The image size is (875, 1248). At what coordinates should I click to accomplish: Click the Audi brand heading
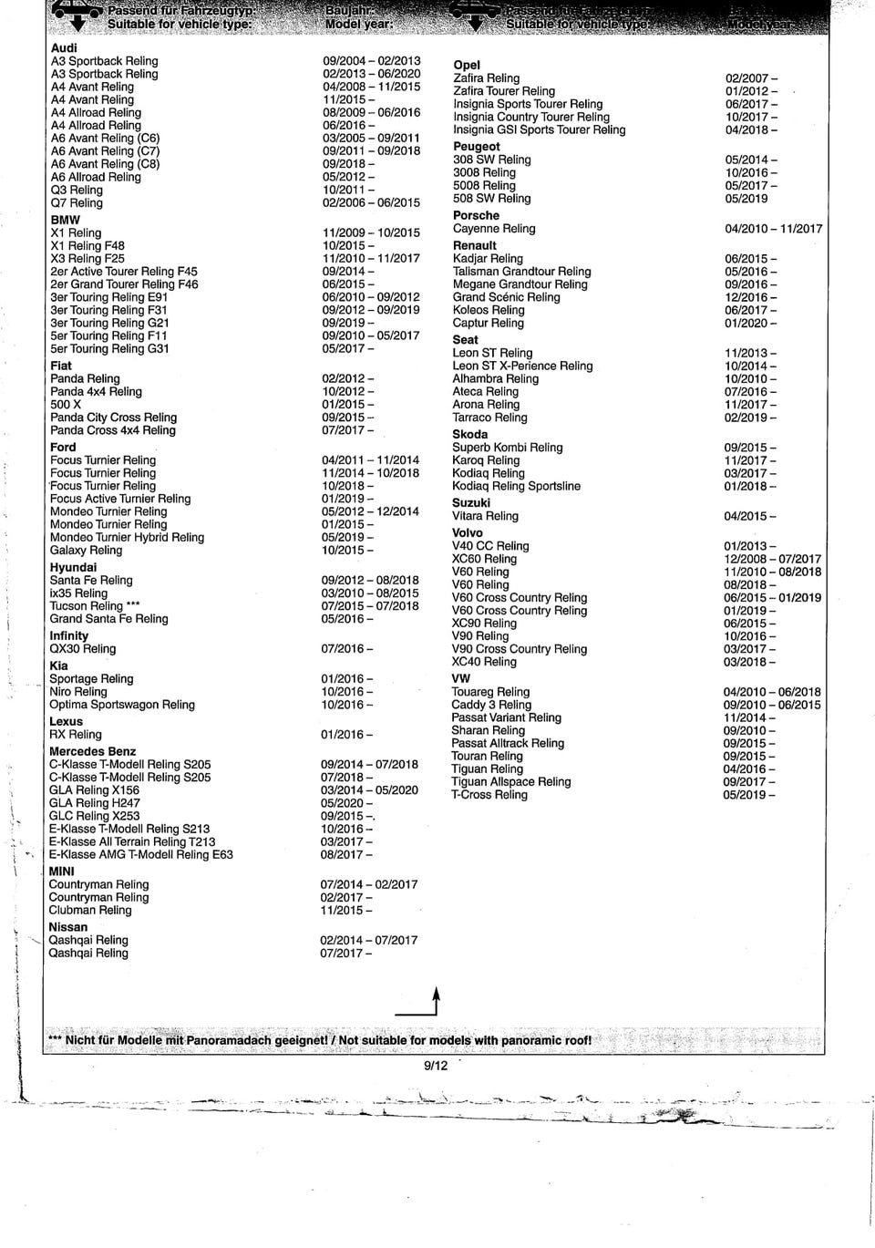coord(64,47)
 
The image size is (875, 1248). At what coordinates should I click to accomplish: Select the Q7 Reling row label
coord(77,202)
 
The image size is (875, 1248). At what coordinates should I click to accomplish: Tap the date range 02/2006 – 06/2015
coord(371,202)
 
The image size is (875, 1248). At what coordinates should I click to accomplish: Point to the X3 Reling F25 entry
coord(87,258)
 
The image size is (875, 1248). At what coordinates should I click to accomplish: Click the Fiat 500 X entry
coord(66,404)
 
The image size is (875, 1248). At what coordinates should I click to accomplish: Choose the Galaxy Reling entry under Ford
coord(86,550)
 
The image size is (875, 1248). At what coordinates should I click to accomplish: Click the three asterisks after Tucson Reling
coord(133,605)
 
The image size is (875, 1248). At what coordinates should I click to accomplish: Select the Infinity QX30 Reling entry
coord(83,648)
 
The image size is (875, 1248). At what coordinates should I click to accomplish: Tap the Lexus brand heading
coord(66,721)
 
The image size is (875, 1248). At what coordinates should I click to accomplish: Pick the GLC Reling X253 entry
coord(95,816)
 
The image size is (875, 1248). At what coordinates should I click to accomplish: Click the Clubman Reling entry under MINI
coord(90,910)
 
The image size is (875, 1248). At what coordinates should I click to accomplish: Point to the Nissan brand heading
coord(68,927)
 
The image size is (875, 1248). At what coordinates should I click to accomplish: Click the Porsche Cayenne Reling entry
coord(494,229)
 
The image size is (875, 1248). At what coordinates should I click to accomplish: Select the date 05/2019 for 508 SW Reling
coord(746,198)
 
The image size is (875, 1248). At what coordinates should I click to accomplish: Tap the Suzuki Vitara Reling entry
coord(486,516)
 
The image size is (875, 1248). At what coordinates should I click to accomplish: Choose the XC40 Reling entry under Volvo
coord(484,662)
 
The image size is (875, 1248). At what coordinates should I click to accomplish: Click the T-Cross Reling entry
coord(489,795)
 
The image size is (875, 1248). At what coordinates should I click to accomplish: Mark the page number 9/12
coord(436,1066)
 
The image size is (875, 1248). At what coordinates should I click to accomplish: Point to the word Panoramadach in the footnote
coord(224,1040)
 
